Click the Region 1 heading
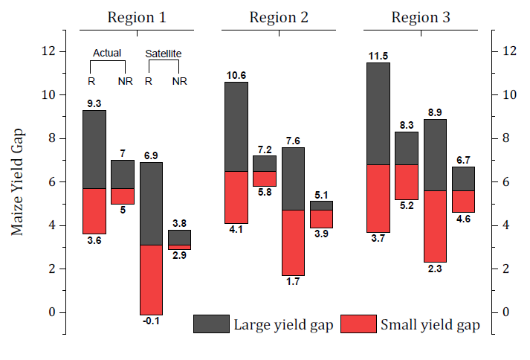tap(136, 18)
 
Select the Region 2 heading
tap(279, 18)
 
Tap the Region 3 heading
tap(421, 18)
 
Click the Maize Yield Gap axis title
tap(18, 181)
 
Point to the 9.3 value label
tap(94, 104)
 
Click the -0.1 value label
tap(152, 322)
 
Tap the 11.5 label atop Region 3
tap(379, 56)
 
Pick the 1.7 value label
tap(294, 283)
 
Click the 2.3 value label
tap(436, 269)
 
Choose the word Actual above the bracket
tap(107, 54)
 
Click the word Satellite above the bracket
tap(163, 54)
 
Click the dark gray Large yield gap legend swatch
tap(211, 324)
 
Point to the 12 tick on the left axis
tap(49, 51)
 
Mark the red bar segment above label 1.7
tap(294, 242)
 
